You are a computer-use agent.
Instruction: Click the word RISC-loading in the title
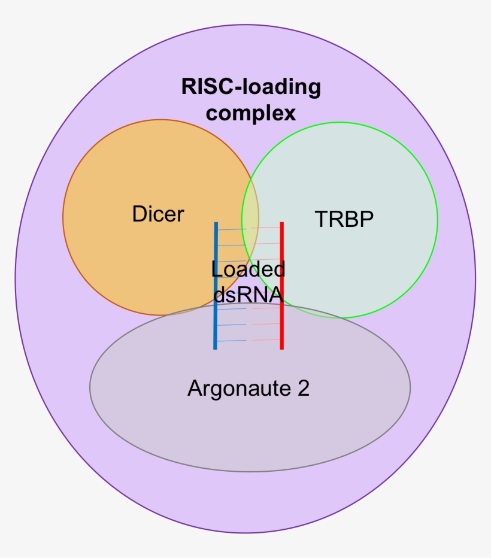coord(251,87)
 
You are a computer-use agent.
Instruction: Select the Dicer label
coord(158,214)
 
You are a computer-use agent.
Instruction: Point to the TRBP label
coord(344,220)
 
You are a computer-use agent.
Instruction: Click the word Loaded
coord(248,269)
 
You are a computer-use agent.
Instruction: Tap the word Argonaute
coord(238,389)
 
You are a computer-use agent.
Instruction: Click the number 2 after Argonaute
coord(303,389)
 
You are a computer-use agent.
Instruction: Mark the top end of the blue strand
coord(215,224)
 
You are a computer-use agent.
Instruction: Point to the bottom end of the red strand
coord(281,347)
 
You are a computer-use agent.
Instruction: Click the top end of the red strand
coord(281,224)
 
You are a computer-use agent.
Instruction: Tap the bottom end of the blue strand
coord(215,347)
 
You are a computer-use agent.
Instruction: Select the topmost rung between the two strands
coord(248,229)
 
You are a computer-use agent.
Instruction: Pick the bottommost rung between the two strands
coord(248,341)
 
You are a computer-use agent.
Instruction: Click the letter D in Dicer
coord(138,214)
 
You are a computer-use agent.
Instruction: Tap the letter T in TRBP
coord(320,220)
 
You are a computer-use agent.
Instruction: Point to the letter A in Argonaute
coord(194,389)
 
